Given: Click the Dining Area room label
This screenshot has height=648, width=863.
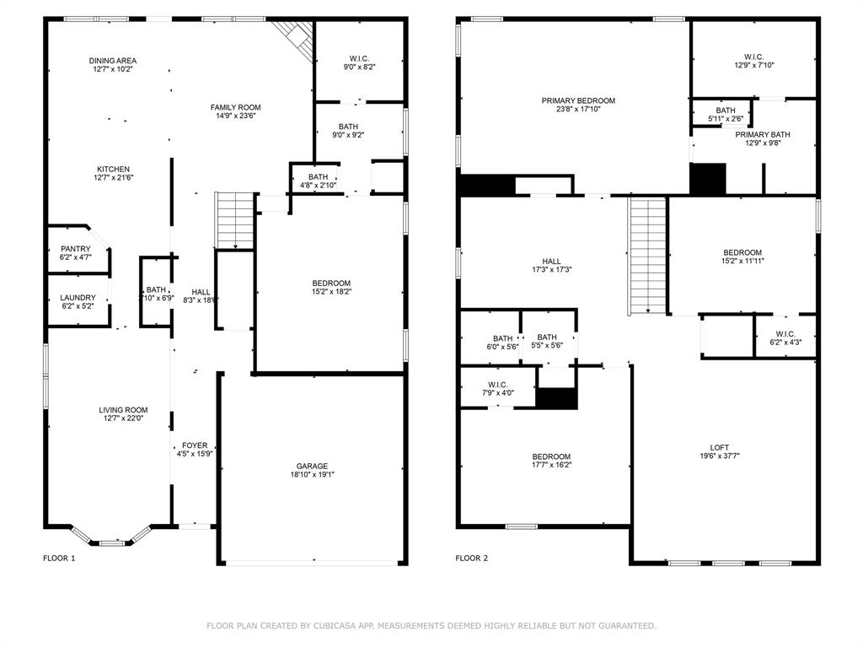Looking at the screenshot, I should coord(113,61).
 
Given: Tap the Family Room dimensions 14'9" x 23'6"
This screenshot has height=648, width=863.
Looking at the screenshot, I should coord(235,116).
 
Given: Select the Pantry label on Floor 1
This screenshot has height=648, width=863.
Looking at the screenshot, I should coord(75,249).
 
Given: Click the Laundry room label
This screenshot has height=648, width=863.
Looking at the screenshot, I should coord(77,297).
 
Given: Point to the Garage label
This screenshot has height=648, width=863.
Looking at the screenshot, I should coord(312,466).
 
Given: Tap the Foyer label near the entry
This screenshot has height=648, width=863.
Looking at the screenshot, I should coord(195,445).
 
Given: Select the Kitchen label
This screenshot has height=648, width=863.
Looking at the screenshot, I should coord(113,168).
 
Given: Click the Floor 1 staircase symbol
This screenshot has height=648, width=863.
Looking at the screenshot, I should coord(235,220).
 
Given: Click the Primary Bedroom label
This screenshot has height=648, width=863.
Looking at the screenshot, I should coord(578,100).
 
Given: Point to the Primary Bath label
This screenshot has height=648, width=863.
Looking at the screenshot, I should coord(762,134).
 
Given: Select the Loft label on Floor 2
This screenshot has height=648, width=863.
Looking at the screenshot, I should coord(719,447).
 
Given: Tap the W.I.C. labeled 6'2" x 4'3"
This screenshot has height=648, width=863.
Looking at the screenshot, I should coord(785,334).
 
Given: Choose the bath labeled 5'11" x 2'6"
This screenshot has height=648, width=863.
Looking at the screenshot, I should coord(725,111).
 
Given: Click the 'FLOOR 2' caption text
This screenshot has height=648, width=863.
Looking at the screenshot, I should coord(473,558).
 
